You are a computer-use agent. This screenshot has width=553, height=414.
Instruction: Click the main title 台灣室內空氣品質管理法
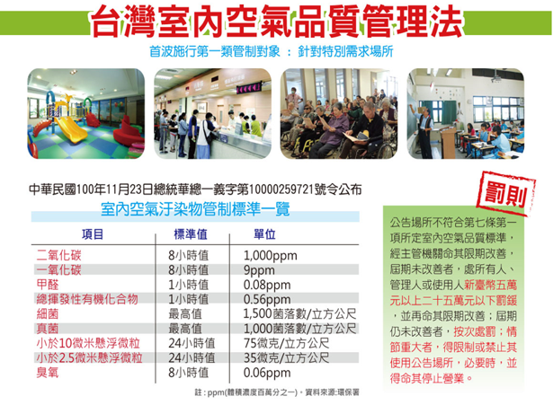276,22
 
